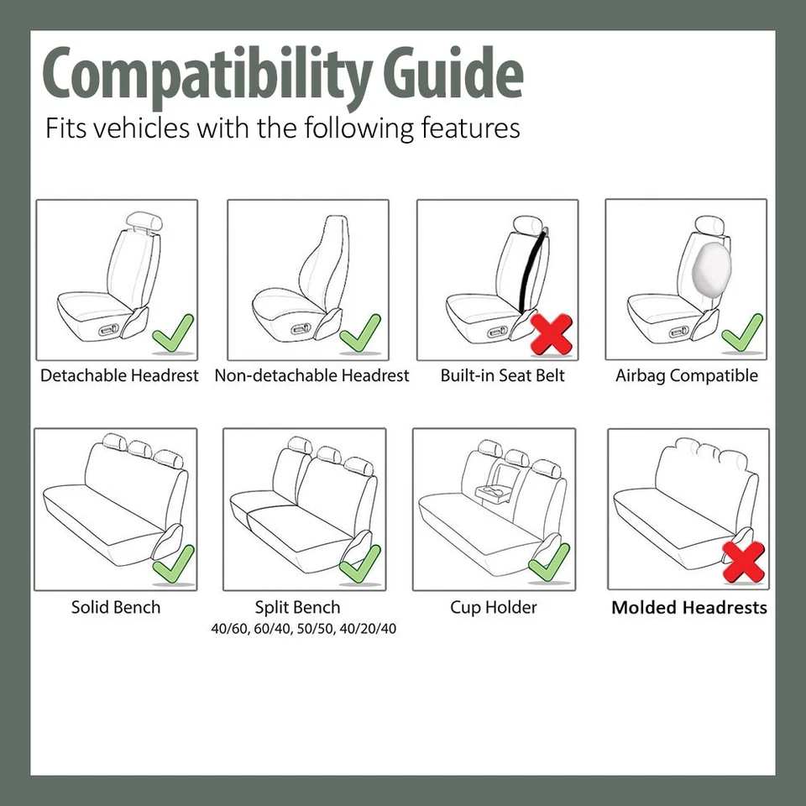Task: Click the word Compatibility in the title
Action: pos(207,74)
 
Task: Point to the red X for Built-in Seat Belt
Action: pos(552,333)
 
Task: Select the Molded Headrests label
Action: pos(688,608)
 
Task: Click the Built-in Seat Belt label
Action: pos(502,375)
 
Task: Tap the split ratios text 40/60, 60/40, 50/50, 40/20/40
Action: pos(303,628)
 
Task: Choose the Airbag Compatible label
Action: pos(686,375)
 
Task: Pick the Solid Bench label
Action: pos(115,607)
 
